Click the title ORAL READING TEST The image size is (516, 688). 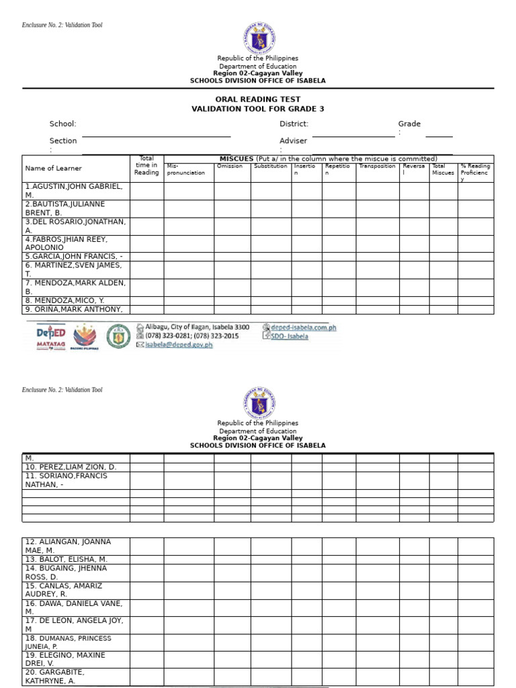point(257,99)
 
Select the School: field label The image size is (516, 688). point(62,124)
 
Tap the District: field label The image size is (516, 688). point(294,124)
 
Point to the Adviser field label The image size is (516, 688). point(293,141)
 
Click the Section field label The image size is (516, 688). point(63,141)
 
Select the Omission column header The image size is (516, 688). point(230,166)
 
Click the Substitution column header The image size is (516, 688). point(271,166)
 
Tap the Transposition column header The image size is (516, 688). point(377,166)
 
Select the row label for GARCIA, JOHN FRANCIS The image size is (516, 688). point(74,257)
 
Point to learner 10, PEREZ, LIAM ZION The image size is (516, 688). point(71,466)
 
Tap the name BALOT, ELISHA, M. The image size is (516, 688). point(66,559)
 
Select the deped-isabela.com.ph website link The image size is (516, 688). point(303,328)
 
